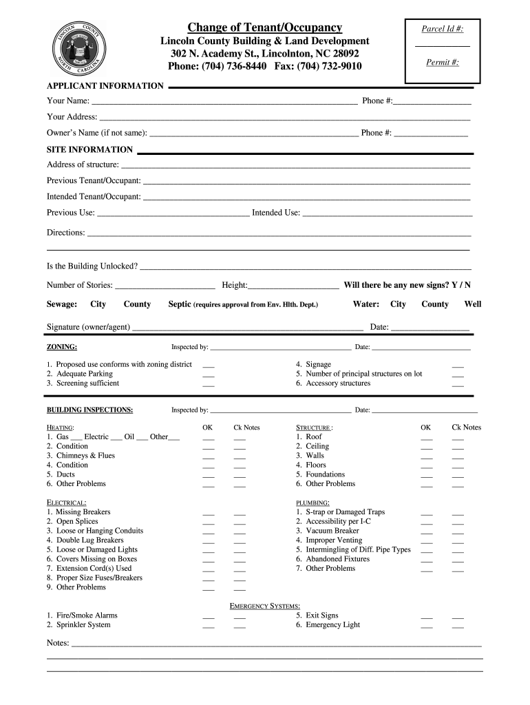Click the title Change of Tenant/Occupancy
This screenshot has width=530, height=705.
[265, 28]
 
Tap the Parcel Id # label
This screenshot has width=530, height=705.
[442, 29]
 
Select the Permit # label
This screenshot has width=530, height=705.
[443, 63]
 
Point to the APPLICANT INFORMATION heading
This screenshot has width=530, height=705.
[105, 86]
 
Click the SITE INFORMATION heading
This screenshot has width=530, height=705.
[89, 149]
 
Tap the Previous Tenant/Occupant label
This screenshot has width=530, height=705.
[94, 180]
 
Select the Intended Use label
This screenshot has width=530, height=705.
[275, 213]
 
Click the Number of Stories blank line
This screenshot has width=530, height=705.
[165, 286]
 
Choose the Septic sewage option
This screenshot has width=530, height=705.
[180, 304]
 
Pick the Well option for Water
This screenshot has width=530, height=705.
[472, 304]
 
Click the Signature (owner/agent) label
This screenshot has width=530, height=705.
[89, 327]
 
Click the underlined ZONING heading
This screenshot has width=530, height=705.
[61, 347]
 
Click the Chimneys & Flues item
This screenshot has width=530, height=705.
[85, 456]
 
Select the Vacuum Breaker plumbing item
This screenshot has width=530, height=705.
[327, 531]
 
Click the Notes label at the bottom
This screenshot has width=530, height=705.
[59, 643]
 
